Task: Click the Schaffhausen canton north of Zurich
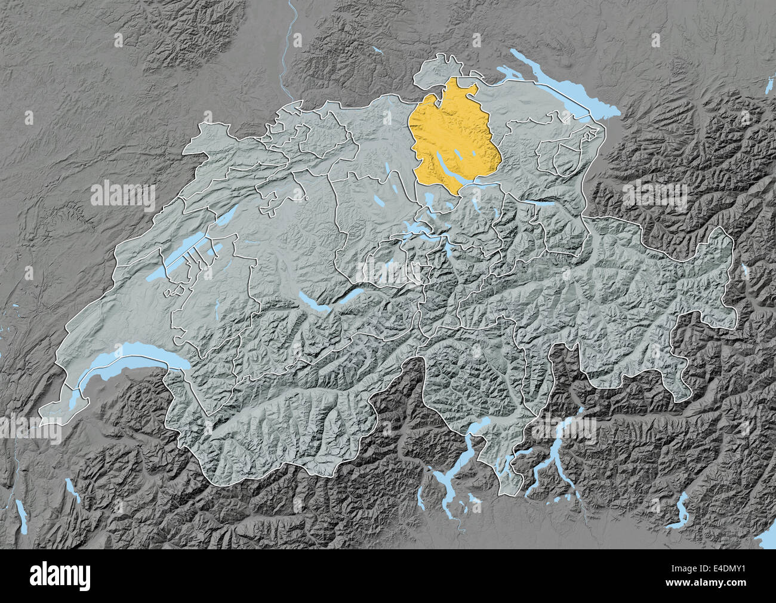tap(439, 69)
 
